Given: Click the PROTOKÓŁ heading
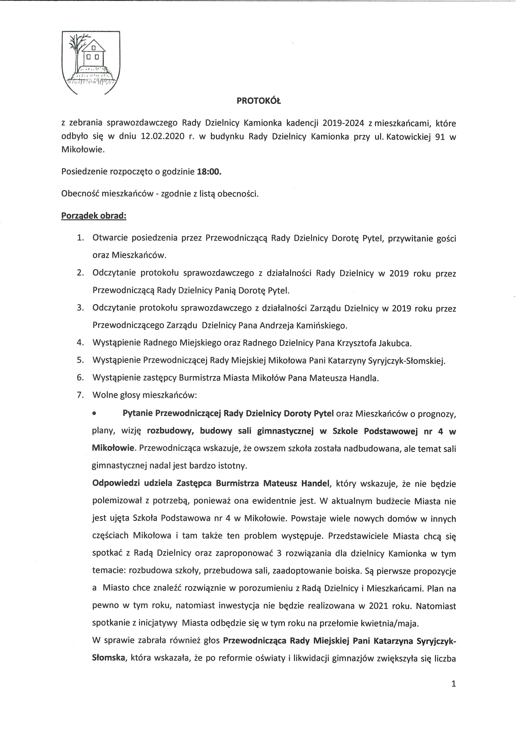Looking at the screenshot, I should tap(259, 101).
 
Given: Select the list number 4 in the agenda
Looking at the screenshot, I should tap(80, 343).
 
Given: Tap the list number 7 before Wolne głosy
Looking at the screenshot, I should tap(80, 395).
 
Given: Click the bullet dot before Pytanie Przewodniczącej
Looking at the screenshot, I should tap(94, 414).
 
